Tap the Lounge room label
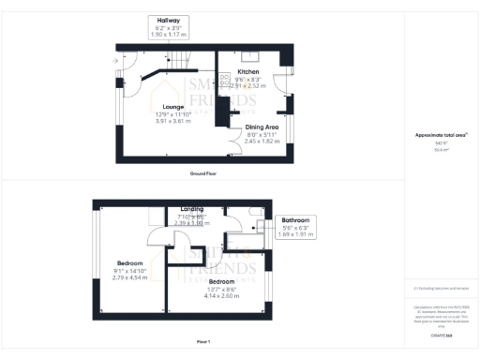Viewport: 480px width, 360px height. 172,107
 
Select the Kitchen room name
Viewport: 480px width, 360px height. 248,72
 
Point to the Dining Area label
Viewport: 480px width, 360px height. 262,127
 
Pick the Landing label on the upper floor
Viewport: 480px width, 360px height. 192,209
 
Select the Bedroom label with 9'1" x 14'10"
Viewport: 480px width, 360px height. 129,263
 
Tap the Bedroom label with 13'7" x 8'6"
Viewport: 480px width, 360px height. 222,281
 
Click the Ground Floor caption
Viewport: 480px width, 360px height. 203,173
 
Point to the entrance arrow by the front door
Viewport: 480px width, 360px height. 114,62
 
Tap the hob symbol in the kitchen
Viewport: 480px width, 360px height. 225,81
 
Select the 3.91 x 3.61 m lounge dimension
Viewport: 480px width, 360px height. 172,121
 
